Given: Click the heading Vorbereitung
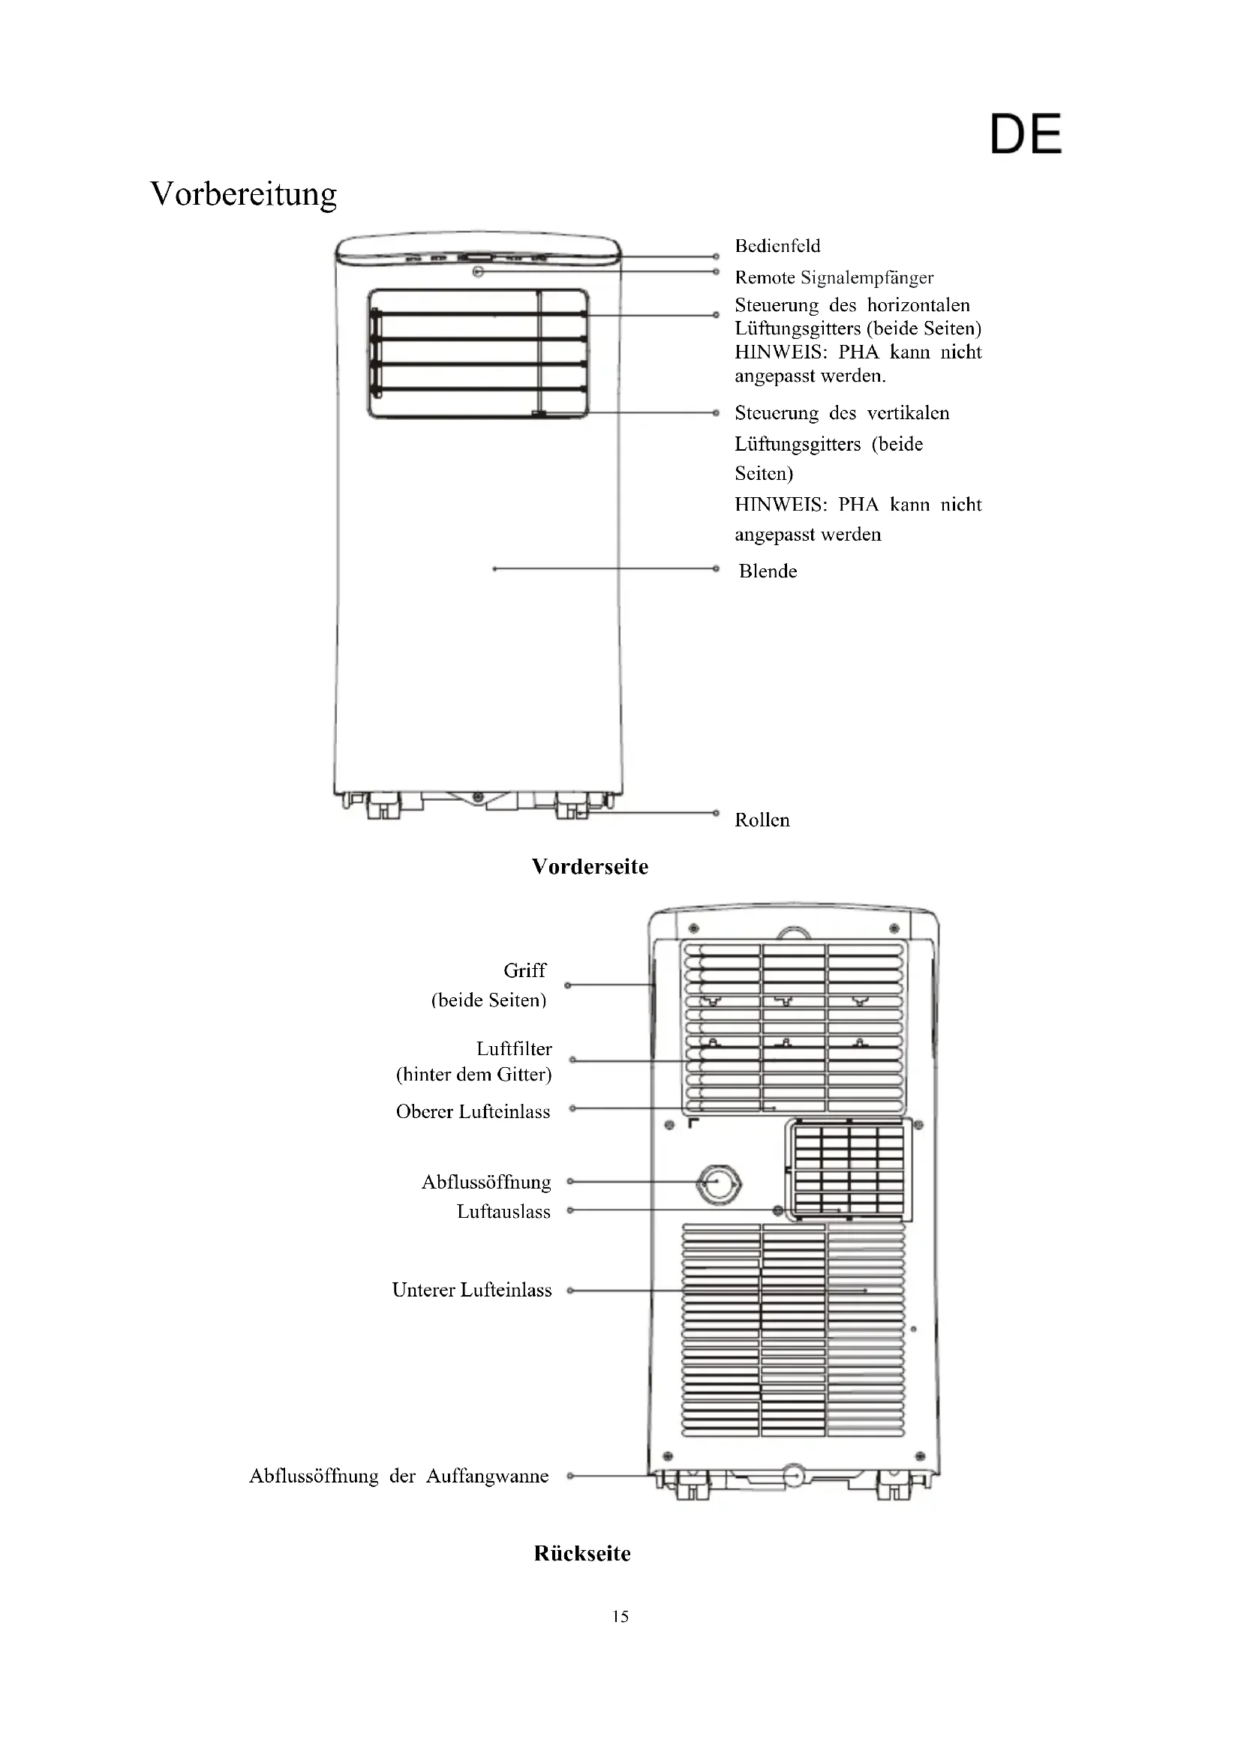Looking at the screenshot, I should click(243, 194).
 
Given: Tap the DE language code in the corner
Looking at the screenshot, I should click(1026, 134).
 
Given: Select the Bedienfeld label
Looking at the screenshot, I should click(777, 246).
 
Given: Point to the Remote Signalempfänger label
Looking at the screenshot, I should click(834, 277).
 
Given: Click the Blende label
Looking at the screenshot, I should click(768, 571).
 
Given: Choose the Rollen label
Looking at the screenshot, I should click(762, 820).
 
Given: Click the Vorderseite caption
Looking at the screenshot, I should click(590, 866).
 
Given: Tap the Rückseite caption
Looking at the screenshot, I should click(582, 1553).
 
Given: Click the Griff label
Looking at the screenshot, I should click(525, 970).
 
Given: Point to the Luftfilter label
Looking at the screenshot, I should click(513, 1048).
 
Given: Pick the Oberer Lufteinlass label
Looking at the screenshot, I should click(473, 1111).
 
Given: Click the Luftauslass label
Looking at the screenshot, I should click(503, 1212).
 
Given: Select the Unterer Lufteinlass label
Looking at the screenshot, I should click(471, 1291).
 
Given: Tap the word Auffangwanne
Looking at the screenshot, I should click(487, 1476).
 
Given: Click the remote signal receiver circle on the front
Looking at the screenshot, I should click(479, 271).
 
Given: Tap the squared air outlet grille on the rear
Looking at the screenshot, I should click(849, 1170).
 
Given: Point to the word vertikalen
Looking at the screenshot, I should click(908, 413).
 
